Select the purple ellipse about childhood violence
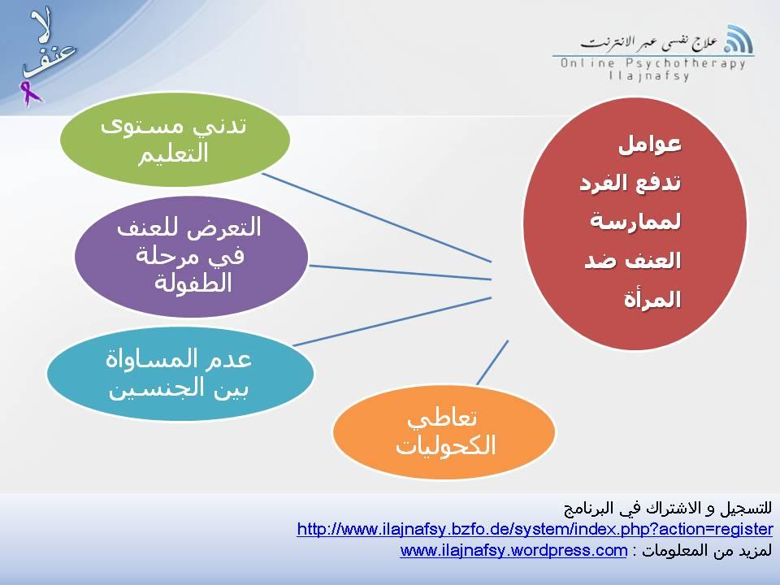(191, 256)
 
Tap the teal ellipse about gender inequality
(179, 374)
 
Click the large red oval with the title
(634, 223)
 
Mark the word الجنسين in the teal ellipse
(178, 388)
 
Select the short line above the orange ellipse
(492, 362)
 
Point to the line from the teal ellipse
(390, 322)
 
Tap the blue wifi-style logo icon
(738, 39)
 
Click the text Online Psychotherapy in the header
(652, 63)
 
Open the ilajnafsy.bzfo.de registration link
(535, 530)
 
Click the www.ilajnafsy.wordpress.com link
(513, 551)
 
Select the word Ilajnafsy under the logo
(649, 76)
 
